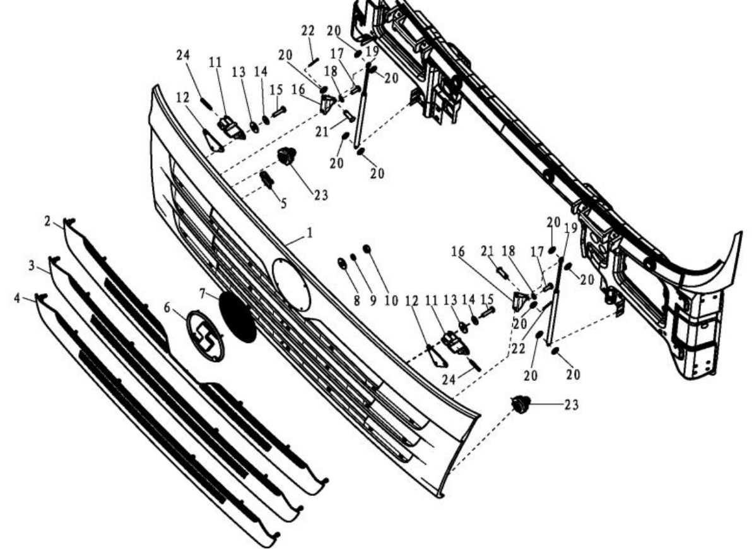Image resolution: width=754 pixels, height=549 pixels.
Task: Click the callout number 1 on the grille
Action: click(x=310, y=232)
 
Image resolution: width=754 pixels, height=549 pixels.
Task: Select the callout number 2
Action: click(x=47, y=221)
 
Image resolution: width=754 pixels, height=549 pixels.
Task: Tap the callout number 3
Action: click(x=32, y=265)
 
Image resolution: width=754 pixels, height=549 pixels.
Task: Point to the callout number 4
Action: click(x=17, y=299)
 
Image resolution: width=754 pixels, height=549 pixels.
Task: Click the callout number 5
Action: click(x=284, y=203)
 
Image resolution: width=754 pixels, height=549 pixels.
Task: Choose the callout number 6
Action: click(x=167, y=307)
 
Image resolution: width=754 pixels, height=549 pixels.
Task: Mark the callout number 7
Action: click(x=203, y=293)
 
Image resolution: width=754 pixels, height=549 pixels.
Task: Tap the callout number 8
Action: click(x=356, y=301)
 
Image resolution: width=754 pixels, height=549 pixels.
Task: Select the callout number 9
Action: click(x=373, y=301)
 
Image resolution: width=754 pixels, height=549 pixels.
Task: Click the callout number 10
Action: click(x=391, y=301)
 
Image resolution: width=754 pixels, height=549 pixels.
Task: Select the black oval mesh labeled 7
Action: click(x=237, y=317)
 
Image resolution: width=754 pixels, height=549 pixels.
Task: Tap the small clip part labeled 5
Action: click(x=267, y=180)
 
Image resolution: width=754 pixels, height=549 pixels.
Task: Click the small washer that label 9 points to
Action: click(x=353, y=256)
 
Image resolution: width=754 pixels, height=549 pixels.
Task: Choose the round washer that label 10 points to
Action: click(x=367, y=248)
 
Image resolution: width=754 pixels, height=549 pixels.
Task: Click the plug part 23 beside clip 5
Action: click(x=286, y=156)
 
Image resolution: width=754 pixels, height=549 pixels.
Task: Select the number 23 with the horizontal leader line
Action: click(x=571, y=405)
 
